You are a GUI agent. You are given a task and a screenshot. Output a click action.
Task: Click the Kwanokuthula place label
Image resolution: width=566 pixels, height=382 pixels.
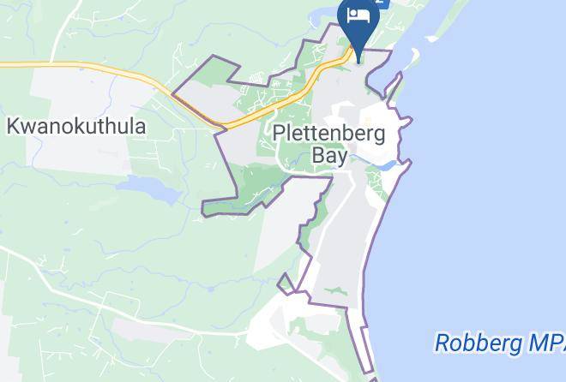(76, 126)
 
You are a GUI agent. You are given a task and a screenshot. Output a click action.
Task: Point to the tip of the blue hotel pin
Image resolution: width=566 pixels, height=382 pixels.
(358, 52)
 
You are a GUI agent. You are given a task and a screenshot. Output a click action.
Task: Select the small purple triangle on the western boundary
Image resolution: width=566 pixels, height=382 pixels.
(286, 282)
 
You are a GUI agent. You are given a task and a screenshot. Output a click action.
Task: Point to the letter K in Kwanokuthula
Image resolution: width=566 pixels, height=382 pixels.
(14, 126)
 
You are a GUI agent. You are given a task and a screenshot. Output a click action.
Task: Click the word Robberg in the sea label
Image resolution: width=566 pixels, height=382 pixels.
(474, 343)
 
